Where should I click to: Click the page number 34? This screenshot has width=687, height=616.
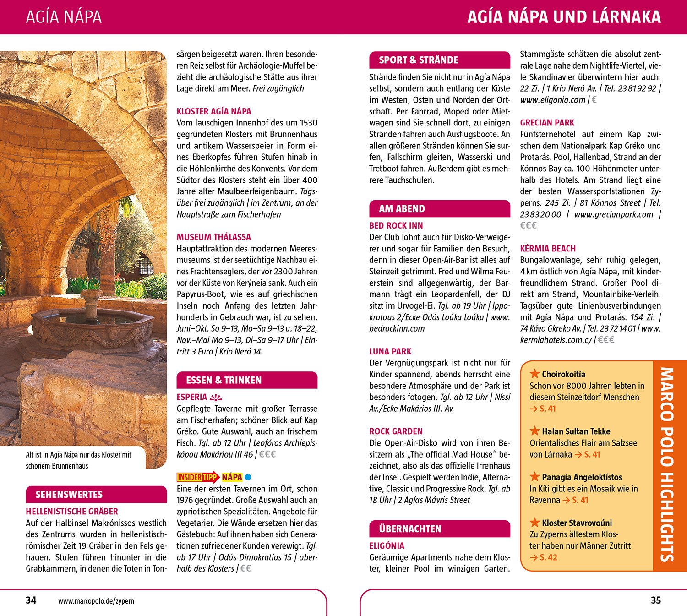(31, 600)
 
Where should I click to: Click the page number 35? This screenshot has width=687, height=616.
(655, 600)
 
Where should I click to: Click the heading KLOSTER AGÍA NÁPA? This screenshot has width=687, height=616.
(214, 111)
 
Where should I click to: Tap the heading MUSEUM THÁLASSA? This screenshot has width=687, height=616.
(214, 237)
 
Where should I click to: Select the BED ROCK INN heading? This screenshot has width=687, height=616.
(396, 226)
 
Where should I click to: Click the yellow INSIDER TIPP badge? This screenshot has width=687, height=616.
(197, 477)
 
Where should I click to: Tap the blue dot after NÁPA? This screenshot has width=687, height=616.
(248, 477)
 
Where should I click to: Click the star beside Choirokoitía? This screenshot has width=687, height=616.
(534, 374)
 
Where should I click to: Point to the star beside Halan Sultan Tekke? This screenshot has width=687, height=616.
(534, 431)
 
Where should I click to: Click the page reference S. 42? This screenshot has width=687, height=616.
(548, 557)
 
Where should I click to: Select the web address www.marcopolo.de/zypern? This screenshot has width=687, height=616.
(96, 601)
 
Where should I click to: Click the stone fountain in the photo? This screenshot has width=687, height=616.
(92, 321)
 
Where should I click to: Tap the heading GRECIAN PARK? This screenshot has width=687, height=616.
(547, 123)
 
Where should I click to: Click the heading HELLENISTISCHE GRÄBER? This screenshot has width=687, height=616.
(72, 512)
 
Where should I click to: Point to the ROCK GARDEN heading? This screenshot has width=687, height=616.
(396, 431)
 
